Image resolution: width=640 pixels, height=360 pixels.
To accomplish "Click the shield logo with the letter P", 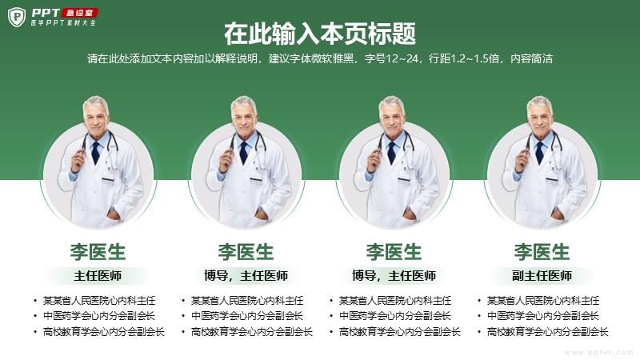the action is [17, 17].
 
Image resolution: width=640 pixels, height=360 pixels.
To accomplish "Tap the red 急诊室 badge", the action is [80, 13].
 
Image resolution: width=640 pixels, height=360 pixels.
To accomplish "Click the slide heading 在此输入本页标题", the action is [319, 34].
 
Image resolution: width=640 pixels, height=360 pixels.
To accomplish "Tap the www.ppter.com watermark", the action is [598, 352].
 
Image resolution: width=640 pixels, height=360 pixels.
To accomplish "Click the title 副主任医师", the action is [542, 276].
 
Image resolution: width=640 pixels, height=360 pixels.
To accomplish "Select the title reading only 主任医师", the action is [98, 276].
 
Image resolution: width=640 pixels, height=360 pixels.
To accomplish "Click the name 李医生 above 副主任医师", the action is [542, 251].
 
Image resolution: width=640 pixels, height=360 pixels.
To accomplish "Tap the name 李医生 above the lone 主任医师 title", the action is [98, 251].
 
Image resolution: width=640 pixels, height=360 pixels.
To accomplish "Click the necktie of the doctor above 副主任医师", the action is [539, 153].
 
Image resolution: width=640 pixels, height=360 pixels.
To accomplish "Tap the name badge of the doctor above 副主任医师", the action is [552, 178].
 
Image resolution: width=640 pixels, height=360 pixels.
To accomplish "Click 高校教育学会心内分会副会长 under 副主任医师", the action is [548, 332].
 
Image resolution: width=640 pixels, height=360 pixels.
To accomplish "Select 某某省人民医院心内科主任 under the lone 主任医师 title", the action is [99, 301].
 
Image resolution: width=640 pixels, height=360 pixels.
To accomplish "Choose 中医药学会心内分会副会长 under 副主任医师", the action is [543, 316].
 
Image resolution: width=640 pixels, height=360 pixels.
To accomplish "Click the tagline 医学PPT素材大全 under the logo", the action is [63, 22].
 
